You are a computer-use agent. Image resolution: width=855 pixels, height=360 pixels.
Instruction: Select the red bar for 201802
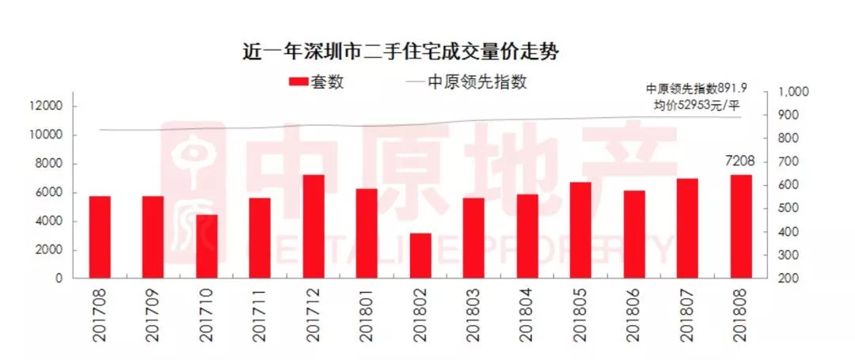420,256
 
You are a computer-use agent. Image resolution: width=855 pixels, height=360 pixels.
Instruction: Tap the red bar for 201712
313,226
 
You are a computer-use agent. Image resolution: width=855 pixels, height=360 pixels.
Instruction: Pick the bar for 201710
207,246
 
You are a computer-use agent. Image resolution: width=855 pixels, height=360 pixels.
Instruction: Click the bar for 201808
741,226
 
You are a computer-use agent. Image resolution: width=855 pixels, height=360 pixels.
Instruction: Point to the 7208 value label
741,162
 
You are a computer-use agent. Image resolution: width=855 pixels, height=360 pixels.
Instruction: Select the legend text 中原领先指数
477,81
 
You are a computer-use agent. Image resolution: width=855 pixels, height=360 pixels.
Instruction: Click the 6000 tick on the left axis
50,192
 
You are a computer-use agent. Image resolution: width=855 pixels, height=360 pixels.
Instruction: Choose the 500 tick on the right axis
789,209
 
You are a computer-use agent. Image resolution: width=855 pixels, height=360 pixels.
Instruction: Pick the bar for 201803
473,238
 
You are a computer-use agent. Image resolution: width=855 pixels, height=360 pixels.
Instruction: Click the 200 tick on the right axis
789,279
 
